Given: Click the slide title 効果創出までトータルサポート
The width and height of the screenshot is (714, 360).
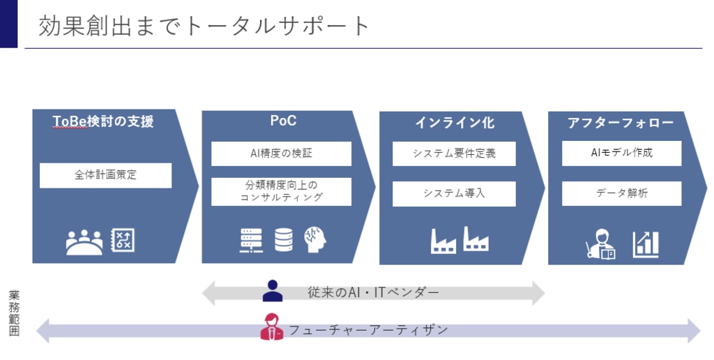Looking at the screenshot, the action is click(x=204, y=26).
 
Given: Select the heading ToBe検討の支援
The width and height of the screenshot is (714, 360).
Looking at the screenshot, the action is click(x=103, y=121).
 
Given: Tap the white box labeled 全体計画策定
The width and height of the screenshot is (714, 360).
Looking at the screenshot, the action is click(x=106, y=175).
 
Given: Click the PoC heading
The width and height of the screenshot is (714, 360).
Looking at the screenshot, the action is click(x=283, y=121).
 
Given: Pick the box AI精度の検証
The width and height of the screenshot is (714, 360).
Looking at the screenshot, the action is click(x=282, y=153).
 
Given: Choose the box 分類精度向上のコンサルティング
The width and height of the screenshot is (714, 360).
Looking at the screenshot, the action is click(x=282, y=191).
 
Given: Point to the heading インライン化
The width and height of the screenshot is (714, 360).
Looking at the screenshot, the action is click(x=455, y=123).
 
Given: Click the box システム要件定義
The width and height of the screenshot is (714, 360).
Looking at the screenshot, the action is click(x=454, y=153).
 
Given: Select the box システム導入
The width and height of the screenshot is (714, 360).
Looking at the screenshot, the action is click(x=454, y=194).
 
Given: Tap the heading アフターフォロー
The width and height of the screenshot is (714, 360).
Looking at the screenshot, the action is click(x=621, y=123).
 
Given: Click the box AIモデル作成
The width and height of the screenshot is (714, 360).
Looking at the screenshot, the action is click(x=621, y=153).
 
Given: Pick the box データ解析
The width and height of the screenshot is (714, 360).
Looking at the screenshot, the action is click(x=621, y=194).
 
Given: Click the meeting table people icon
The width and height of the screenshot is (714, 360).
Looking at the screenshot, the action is click(x=84, y=242).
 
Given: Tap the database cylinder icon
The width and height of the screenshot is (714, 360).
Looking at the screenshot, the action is click(x=284, y=240).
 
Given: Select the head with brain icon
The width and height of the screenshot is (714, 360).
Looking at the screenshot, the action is click(x=315, y=240).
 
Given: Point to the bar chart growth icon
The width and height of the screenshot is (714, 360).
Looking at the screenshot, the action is click(x=645, y=245).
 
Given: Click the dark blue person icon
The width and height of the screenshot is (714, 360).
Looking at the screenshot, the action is click(x=273, y=291).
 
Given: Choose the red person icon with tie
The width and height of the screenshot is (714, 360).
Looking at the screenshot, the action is click(x=271, y=327).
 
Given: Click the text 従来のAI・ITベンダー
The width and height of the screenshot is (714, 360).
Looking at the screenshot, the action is click(x=374, y=292).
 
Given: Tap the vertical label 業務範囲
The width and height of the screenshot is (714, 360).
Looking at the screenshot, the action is click(x=14, y=313).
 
